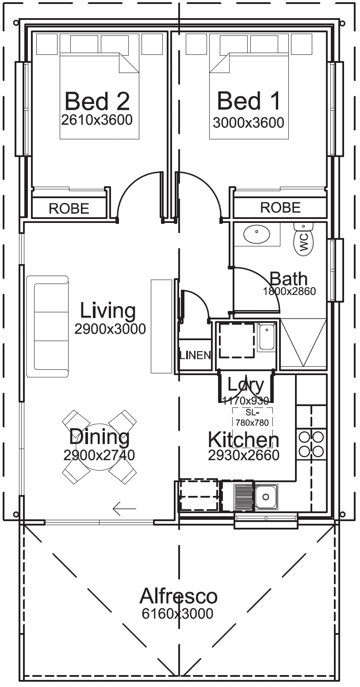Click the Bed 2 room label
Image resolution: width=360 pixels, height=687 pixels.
(x=97, y=101)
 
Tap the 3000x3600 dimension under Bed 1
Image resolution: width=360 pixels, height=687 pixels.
(x=249, y=123)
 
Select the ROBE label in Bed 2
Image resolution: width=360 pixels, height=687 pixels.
(x=69, y=208)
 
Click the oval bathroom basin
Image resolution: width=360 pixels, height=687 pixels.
(x=257, y=234)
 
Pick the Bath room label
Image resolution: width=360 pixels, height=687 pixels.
(x=288, y=279)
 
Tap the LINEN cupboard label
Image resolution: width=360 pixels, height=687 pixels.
(x=195, y=355)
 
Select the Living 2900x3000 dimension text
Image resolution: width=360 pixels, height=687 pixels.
(x=110, y=329)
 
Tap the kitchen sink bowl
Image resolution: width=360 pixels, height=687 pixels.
(x=266, y=496)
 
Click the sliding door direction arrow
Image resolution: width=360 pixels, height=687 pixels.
(x=124, y=509)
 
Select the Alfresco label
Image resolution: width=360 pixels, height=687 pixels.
(x=179, y=596)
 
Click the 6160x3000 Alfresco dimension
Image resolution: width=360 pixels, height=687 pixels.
(x=177, y=614)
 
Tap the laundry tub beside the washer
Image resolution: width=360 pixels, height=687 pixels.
(x=266, y=338)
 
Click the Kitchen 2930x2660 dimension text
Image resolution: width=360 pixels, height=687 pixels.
(x=244, y=456)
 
